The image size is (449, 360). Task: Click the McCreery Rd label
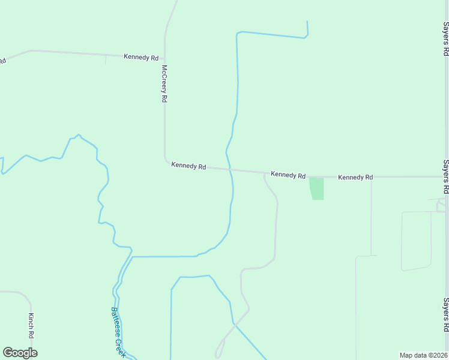[163, 83]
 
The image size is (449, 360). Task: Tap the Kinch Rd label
[31, 325]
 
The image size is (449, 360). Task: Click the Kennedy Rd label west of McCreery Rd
[141, 57]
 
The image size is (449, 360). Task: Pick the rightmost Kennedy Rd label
[355, 178]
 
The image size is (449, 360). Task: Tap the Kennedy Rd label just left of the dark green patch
[288, 175]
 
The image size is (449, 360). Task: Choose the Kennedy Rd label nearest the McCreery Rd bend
[188, 165]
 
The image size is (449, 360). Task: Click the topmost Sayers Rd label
[445, 39]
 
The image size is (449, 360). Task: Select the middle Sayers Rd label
[445, 176]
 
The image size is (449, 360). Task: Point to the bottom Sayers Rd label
[445, 315]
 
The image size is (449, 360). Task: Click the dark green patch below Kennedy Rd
[316, 188]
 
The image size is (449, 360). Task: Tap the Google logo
[20, 353]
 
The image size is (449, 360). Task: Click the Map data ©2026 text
[424, 355]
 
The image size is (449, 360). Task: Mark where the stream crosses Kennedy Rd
[229, 170]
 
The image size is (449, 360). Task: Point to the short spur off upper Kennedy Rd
[106, 59]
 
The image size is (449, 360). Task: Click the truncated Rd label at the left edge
[2, 61]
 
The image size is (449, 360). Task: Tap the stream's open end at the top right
[307, 22]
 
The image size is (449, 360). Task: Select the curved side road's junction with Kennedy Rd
[265, 173]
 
